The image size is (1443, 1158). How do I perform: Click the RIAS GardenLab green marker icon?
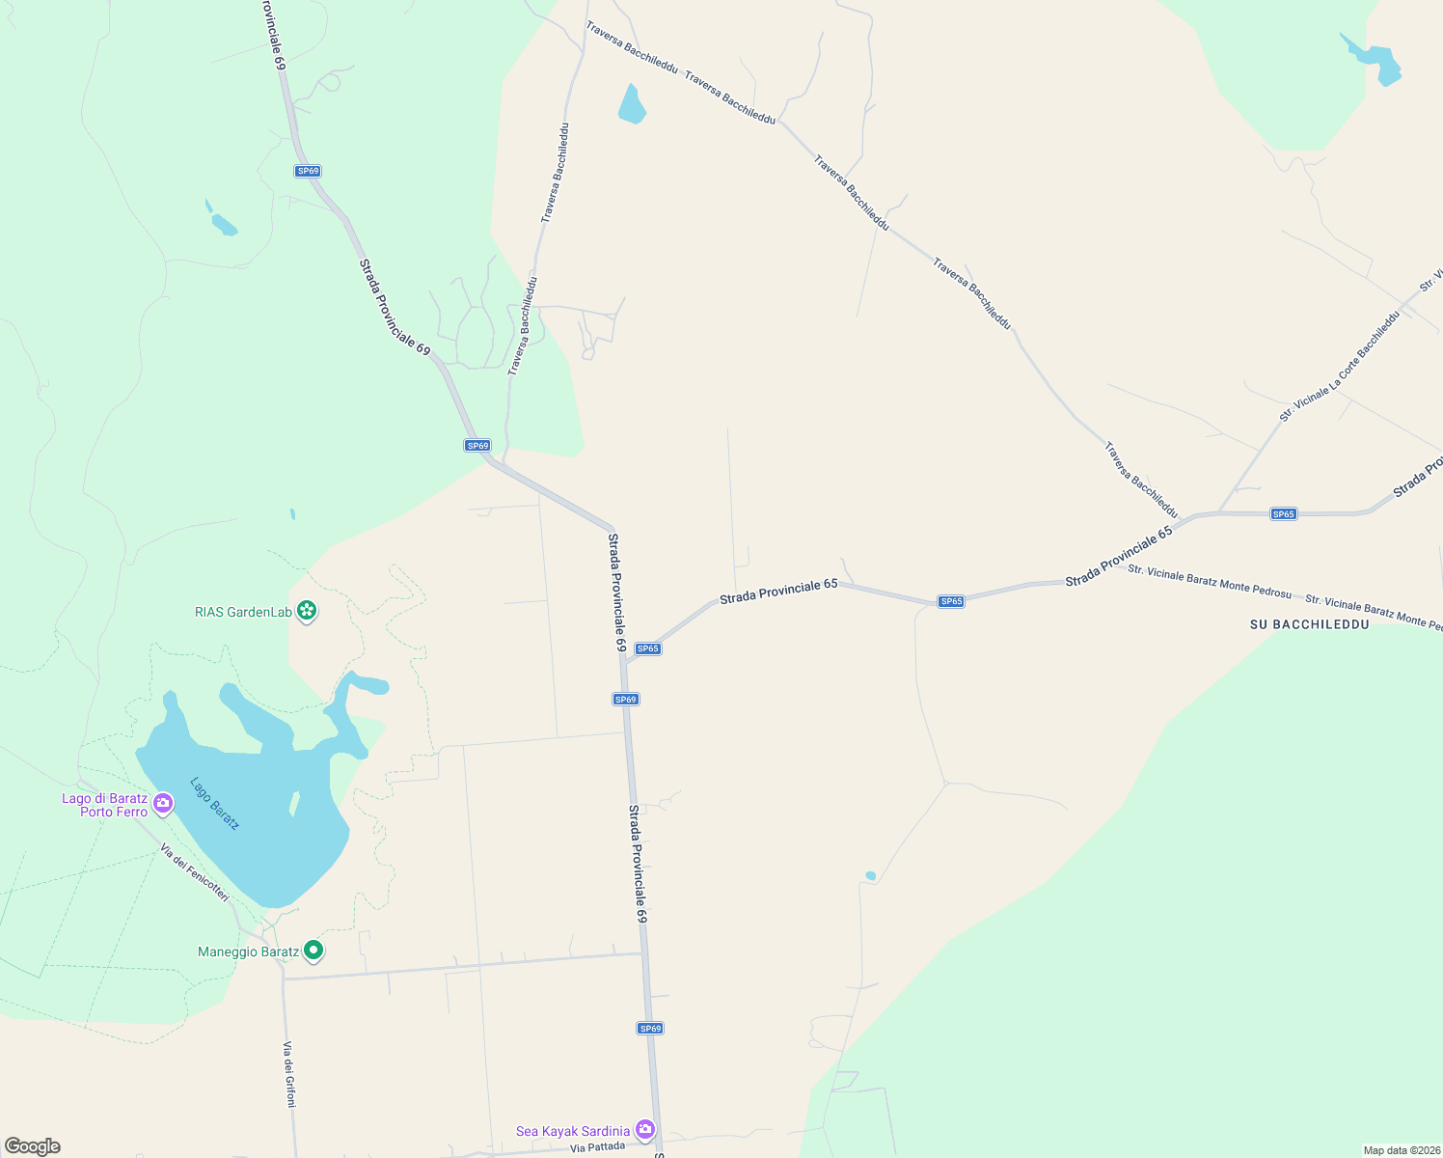(307, 611)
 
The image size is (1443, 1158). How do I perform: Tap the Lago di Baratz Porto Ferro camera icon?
(163, 803)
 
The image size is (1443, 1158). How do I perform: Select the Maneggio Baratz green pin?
(313, 951)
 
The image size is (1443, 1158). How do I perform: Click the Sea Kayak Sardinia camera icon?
(645, 1129)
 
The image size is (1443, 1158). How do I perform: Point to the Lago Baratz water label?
(214, 803)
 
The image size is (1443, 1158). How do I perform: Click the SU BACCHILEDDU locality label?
(1309, 624)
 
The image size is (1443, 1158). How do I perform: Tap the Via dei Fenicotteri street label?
(195, 873)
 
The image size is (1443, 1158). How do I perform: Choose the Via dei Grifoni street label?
(288, 1073)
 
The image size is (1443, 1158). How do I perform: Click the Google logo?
(33, 1146)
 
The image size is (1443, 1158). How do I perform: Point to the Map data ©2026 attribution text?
(1400, 1150)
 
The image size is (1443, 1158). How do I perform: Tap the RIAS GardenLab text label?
(243, 612)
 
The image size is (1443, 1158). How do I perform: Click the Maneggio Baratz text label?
(248, 951)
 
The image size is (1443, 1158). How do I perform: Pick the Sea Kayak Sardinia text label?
(573, 1131)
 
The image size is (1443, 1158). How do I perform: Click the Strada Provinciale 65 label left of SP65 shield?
(778, 592)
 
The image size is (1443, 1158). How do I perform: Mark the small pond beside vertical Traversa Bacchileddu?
(631, 105)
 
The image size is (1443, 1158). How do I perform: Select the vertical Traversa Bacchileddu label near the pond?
(555, 173)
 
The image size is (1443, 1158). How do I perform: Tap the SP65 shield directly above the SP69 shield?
(648, 648)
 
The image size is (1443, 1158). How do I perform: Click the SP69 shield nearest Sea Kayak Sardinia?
(650, 1029)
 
